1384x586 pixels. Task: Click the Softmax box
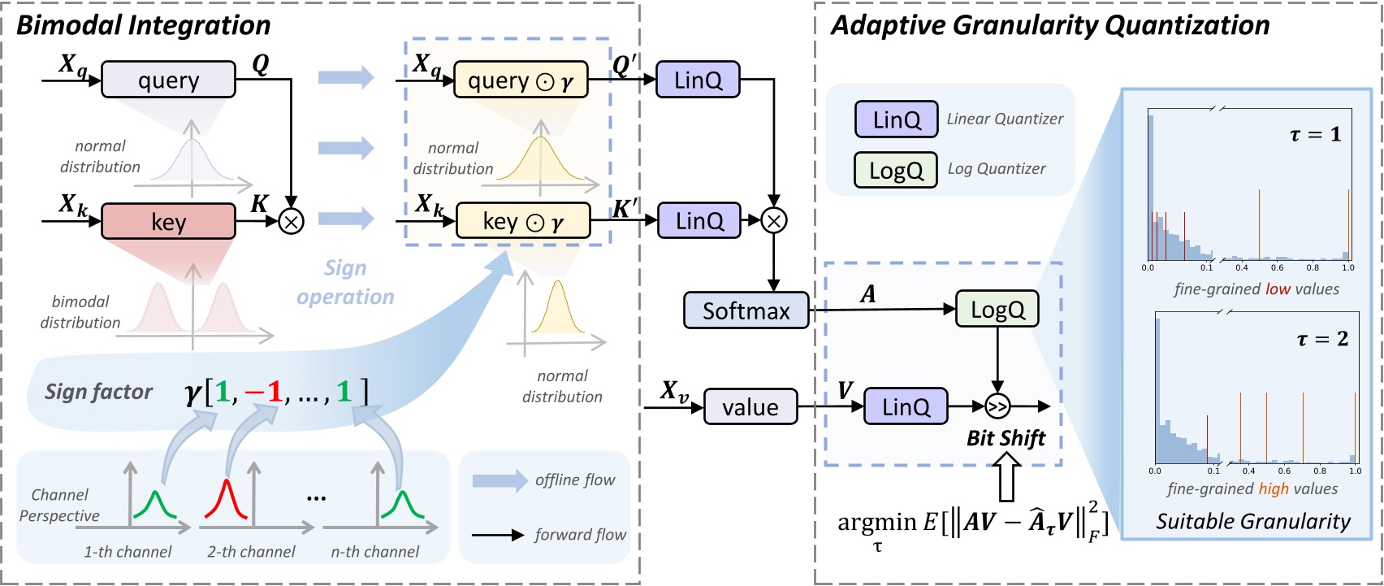746,310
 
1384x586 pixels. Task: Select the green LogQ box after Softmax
997,310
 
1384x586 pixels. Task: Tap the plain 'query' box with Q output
168,80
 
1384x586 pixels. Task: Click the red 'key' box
168,222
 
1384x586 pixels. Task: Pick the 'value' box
750,406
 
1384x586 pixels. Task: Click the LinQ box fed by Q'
698,80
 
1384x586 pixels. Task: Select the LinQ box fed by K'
698,220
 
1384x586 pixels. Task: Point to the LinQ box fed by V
905,406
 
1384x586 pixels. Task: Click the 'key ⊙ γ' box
523,221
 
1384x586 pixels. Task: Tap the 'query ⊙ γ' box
521,80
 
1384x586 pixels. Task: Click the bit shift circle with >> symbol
997,406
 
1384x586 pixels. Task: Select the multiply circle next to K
291,221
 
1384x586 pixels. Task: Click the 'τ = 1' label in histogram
1315,134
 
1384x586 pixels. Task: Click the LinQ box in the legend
896,119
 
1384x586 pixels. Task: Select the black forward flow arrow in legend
497,535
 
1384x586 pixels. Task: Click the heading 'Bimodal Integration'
144,25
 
